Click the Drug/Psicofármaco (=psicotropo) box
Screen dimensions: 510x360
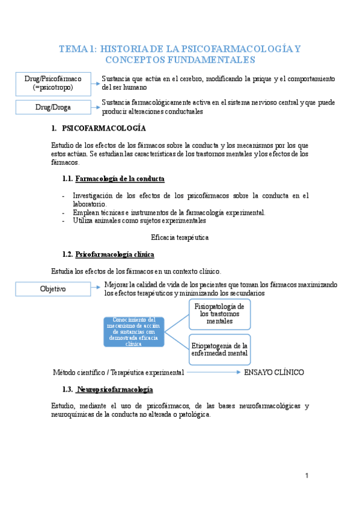[x=53, y=83]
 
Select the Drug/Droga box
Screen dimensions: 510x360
[x=53, y=107]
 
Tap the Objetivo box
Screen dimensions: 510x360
[x=53, y=289]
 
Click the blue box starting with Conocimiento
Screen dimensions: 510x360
[x=133, y=331]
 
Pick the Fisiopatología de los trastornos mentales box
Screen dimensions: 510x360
[x=219, y=314]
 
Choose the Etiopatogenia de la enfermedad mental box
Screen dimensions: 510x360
[x=219, y=349]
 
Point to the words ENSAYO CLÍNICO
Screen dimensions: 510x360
[x=273, y=372]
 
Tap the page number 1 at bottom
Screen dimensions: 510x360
[x=307, y=476]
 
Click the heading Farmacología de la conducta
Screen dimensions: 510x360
[x=120, y=179]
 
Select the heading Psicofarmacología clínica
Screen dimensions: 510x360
[x=115, y=254]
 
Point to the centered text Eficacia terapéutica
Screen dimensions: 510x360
[x=180, y=238]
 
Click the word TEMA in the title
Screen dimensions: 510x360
[x=73, y=49]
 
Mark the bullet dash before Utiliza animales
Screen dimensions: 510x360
[x=64, y=221]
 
